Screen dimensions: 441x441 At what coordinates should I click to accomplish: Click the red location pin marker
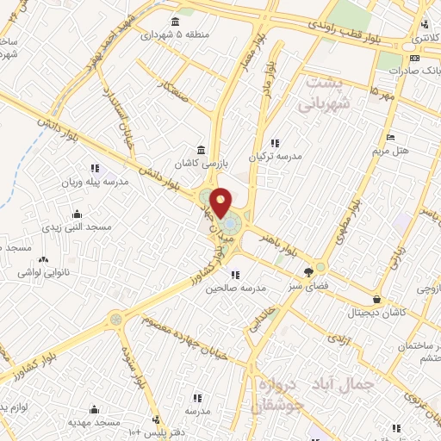tap(221, 203)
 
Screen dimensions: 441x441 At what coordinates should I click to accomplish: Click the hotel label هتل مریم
tap(408, 150)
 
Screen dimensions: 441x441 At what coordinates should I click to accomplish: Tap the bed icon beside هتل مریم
tap(390, 137)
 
